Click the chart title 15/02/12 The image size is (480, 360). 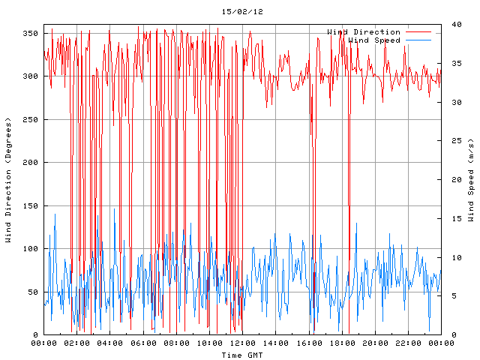click(x=242, y=12)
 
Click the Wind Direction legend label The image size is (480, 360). click(x=364, y=32)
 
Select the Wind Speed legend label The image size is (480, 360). click(x=374, y=40)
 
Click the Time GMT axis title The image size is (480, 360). click(x=242, y=355)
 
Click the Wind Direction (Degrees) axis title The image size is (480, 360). click(x=9, y=180)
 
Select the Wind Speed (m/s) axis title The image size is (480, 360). click(x=471, y=180)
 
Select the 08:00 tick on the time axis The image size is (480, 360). click(x=176, y=343)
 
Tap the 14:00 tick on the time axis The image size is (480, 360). click(x=275, y=343)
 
